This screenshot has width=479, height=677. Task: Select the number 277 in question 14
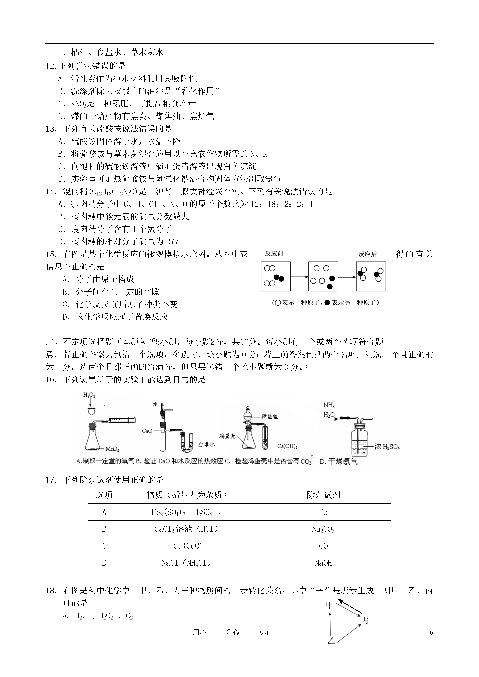coord(172,242)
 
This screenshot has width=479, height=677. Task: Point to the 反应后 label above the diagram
coord(367,254)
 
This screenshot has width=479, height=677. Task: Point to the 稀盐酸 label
coord(269,417)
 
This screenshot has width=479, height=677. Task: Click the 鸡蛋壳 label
coord(227,436)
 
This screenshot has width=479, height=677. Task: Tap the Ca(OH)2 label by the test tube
coord(287,446)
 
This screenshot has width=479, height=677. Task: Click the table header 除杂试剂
coord(323,495)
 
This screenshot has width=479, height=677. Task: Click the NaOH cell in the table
coord(323,563)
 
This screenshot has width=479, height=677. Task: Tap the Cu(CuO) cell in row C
coord(188,546)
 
